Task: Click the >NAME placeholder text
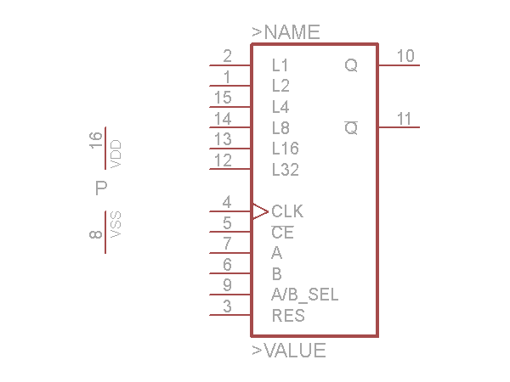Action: [286, 32]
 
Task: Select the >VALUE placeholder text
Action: [288, 350]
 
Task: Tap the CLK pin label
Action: [287, 211]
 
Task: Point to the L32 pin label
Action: [285, 170]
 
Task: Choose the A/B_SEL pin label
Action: [304, 295]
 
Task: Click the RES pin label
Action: [288, 317]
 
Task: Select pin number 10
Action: [405, 56]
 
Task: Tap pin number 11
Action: [405, 120]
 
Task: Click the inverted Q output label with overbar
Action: [350, 129]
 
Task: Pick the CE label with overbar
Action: [282, 233]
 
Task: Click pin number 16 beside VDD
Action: [96, 141]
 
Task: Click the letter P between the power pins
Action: [101, 188]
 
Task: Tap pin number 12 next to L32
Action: [223, 160]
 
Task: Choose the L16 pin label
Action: [285, 149]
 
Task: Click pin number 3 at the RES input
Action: [227, 306]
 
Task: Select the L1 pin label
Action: [280, 65]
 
